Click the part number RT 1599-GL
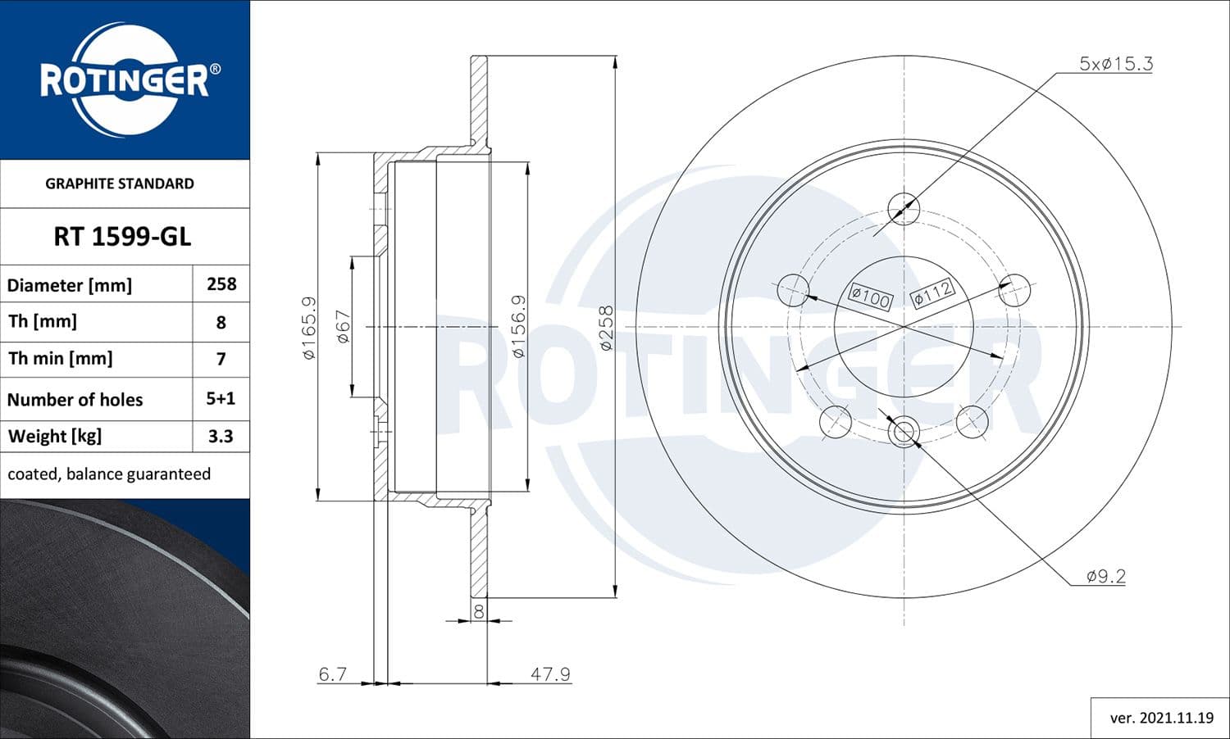coord(122,237)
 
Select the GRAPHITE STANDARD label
coord(120,184)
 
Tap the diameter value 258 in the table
coord(221,284)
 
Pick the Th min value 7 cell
coord(221,359)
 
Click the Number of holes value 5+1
coord(221,399)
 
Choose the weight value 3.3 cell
coord(221,437)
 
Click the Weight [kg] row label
coord(55,437)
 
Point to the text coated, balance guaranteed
coord(109,474)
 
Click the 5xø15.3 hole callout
coord(1115,64)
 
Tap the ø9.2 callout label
coord(1105,576)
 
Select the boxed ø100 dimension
coord(870,297)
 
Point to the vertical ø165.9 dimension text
coord(309,328)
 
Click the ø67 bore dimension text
coord(343,327)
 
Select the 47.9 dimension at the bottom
coord(550,673)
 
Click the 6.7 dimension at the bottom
coord(332,673)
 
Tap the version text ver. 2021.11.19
coord(1161,718)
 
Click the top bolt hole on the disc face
coord(904,208)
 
